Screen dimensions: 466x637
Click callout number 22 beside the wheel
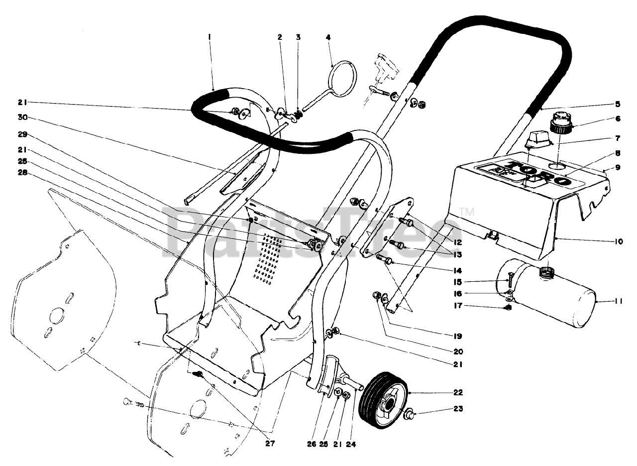pyautogui.click(x=458, y=392)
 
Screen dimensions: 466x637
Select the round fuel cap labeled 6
pyautogui.click(x=561, y=122)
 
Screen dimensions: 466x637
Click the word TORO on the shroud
pyautogui.click(x=537, y=171)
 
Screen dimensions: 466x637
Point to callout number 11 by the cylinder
pyautogui.click(x=618, y=301)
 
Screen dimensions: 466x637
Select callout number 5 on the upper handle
pyautogui.click(x=618, y=104)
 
